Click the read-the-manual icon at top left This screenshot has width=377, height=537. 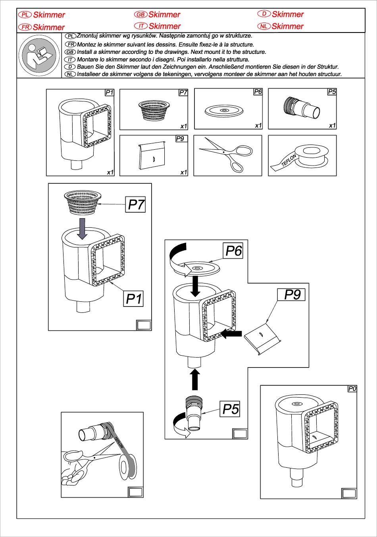click(x=39, y=56)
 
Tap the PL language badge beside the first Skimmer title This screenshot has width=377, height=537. click(x=25, y=15)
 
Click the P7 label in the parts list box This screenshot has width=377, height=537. click(x=183, y=92)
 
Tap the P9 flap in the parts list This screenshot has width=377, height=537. click(x=153, y=156)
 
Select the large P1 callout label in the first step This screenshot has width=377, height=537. click(x=134, y=299)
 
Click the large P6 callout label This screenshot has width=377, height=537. click(x=233, y=251)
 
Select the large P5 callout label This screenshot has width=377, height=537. click(x=230, y=409)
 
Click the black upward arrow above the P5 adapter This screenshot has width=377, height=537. click(x=194, y=380)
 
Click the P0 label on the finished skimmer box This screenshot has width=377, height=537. click(x=352, y=389)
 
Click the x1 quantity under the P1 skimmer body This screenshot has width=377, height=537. click(x=110, y=172)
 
